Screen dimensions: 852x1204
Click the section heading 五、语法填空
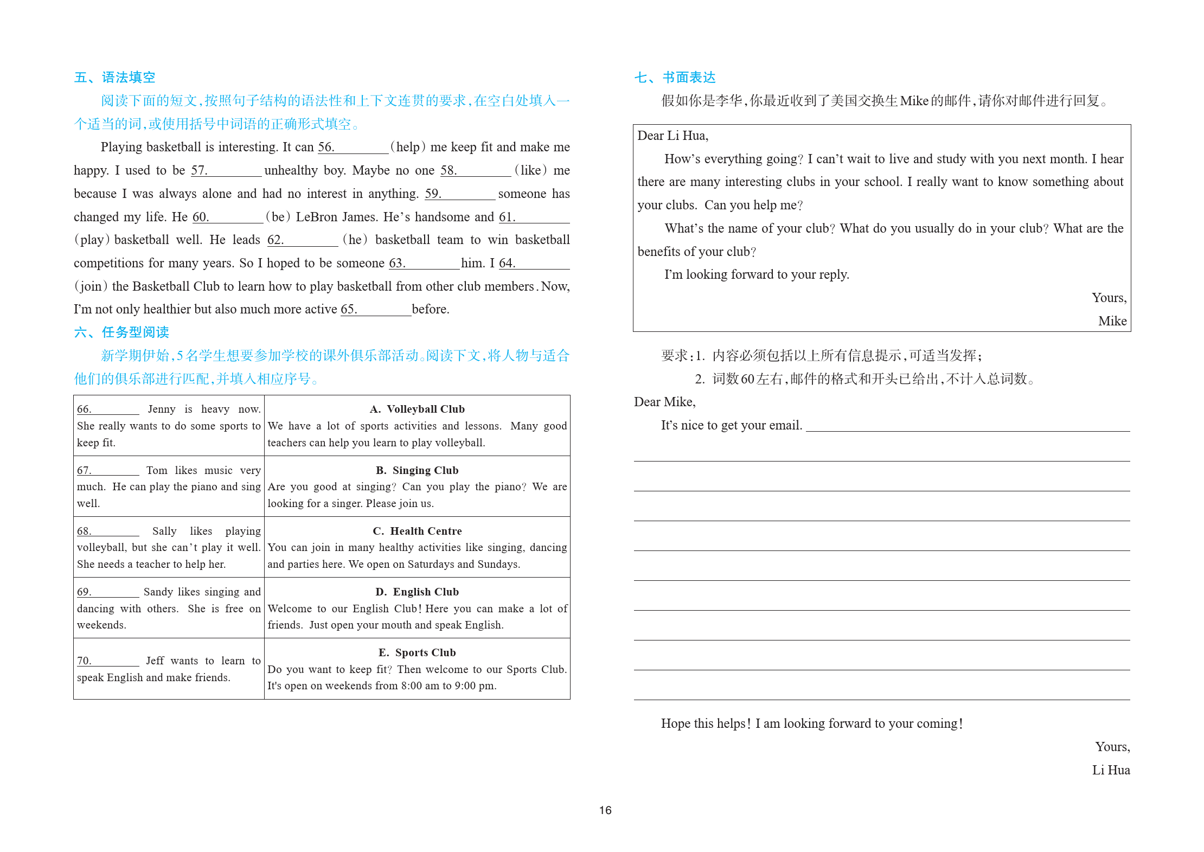click(x=114, y=78)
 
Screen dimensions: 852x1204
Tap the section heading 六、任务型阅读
click(x=121, y=332)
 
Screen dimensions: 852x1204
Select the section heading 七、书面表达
click(x=675, y=78)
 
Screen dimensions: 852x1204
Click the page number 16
click(x=605, y=810)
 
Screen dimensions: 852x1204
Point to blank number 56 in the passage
click(x=353, y=148)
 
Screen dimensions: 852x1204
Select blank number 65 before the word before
click(x=376, y=310)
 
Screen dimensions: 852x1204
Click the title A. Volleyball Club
click(x=417, y=409)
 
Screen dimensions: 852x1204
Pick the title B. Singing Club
click(x=417, y=470)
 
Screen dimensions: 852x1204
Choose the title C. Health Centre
click(x=417, y=531)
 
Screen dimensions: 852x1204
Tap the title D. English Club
click(x=417, y=592)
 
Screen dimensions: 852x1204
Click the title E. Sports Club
click(x=417, y=652)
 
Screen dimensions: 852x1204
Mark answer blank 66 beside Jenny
click(x=108, y=409)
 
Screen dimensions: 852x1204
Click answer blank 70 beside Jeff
click(x=108, y=661)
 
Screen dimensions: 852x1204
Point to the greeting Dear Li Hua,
click(x=673, y=136)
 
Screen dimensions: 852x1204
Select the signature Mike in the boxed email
click(x=1112, y=322)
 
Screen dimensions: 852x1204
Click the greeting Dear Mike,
click(x=664, y=402)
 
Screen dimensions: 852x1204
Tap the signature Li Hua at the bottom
click(x=1111, y=771)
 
